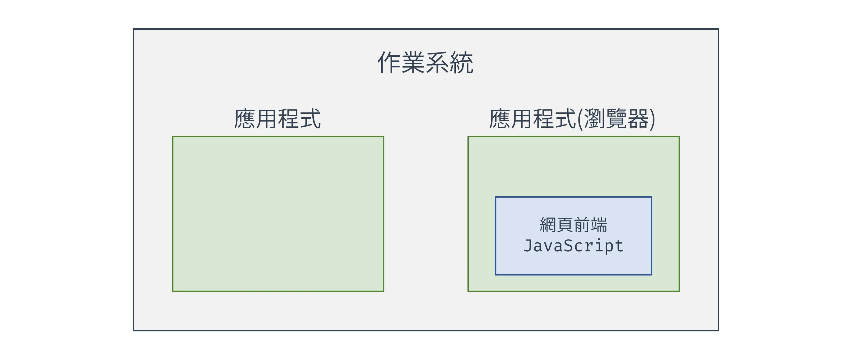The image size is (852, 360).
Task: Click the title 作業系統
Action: pyautogui.click(x=425, y=63)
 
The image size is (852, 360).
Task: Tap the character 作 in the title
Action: pyautogui.click(x=389, y=63)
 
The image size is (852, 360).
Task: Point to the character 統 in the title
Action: pyautogui.click(x=462, y=63)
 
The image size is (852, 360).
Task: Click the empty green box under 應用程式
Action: pyautogui.click(x=278, y=214)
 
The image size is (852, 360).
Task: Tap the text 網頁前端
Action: pyautogui.click(x=573, y=225)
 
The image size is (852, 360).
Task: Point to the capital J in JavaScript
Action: pyautogui.click(x=528, y=246)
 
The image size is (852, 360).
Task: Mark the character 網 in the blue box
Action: pyautogui.click(x=548, y=225)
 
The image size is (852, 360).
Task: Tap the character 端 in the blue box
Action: pyautogui.click(x=599, y=225)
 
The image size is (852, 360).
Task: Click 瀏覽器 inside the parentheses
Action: pyautogui.click(x=616, y=119)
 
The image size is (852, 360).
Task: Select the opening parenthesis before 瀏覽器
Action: pyautogui.click(x=580, y=119)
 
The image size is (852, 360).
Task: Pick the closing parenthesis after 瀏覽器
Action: pyautogui.click(x=652, y=119)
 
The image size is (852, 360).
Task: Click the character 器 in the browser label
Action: pyautogui.click(x=638, y=119)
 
